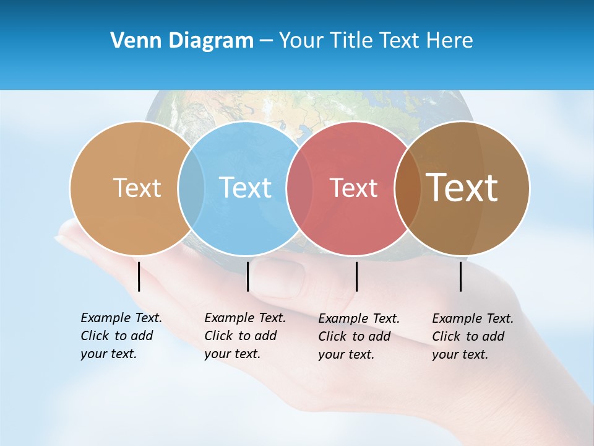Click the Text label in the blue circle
pos(245,188)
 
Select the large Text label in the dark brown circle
pos(462,187)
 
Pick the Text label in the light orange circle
pos(137,188)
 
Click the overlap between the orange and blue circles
pos(191,188)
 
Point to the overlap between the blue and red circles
pos(300,188)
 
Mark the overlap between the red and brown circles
pos(407,188)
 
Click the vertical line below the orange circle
pos(139,276)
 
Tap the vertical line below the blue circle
pos(247,276)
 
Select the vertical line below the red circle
pos(356,276)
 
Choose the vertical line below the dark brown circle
pos(460,276)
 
